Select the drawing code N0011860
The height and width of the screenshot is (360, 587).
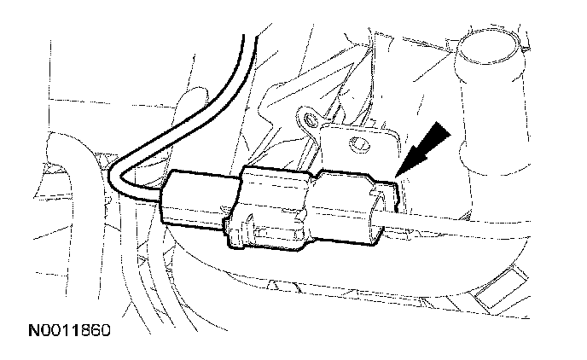pos(61,328)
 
